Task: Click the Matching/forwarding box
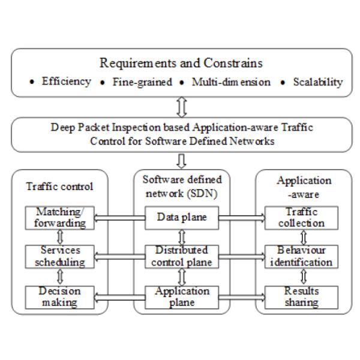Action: (x=59, y=218)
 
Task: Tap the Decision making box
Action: (x=59, y=296)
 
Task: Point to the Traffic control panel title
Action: (x=60, y=186)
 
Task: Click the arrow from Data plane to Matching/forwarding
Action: (x=119, y=218)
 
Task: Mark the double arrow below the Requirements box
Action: (x=182, y=107)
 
